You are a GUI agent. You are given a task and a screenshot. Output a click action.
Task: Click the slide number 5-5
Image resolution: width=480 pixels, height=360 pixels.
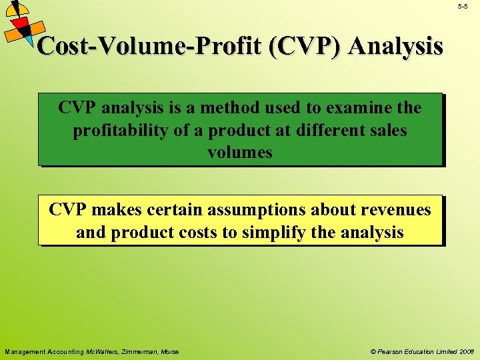463,6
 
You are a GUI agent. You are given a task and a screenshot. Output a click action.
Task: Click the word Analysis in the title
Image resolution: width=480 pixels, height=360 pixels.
395,46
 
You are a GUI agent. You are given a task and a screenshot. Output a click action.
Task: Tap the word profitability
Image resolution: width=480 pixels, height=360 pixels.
129,130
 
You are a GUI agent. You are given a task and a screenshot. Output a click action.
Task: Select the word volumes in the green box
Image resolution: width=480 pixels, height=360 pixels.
240,153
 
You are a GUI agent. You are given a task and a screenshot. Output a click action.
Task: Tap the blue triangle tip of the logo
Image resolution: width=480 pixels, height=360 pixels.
33,49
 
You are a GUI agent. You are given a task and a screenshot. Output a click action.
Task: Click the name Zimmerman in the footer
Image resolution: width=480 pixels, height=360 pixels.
142,351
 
